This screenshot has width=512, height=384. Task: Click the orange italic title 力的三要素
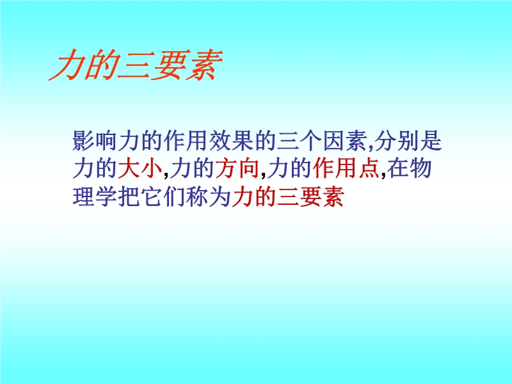tap(136, 65)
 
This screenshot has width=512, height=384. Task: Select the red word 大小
tap(140, 168)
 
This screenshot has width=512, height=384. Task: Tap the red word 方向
tap(237, 168)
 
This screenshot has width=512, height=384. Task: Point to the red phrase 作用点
tap(346, 168)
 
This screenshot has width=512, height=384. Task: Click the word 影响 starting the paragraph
tap(95, 141)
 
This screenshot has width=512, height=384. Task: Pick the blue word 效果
tap(231, 141)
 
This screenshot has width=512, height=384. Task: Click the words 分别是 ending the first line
tap(408, 141)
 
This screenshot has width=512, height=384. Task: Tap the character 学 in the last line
tap(106, 196)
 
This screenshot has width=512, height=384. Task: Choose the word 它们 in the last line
tap(163, 196)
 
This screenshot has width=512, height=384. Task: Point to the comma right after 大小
tap(166, 175)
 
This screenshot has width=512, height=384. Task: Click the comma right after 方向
tap(263, 175)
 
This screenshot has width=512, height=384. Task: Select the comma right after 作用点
tap(383, 175)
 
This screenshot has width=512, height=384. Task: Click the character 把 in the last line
tap(129, 196)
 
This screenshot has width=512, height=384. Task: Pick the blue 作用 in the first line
tap(186, 141)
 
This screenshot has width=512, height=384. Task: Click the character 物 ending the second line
tap(420, 168)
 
